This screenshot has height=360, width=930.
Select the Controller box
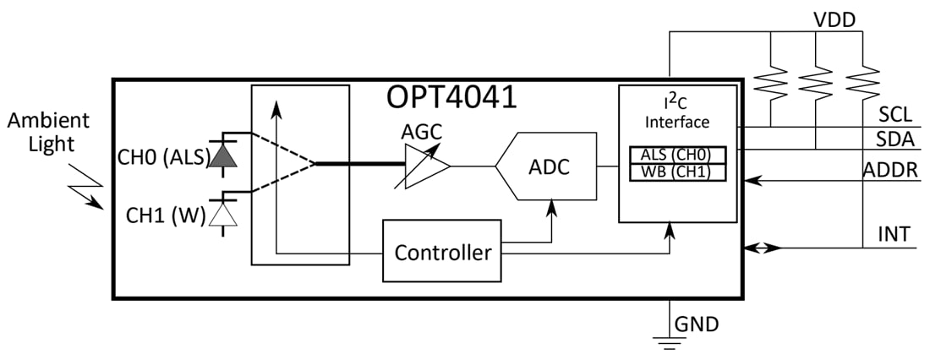coord(442,251)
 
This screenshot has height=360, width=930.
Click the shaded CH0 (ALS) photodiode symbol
coord(222,155)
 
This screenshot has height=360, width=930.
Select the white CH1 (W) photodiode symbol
coord(222,214)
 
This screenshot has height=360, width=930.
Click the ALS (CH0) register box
coord(677,155)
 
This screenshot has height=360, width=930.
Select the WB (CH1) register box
coord(677,172)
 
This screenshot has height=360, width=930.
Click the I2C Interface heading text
coord(677,112)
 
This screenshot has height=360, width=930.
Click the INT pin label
coord(894,233)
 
